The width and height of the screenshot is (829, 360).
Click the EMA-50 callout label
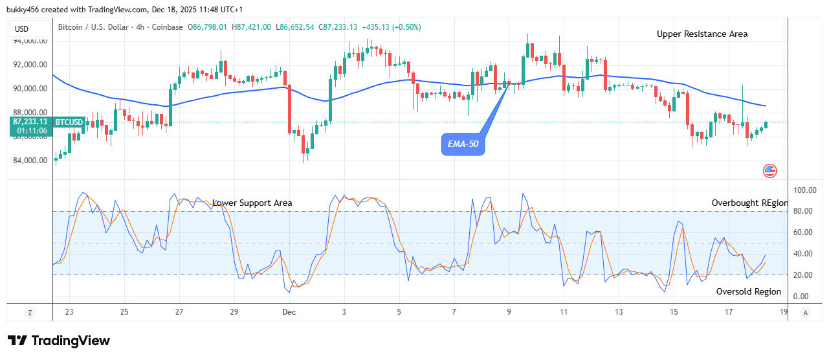pos(464,144)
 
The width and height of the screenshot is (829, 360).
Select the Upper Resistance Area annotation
pos(702,34)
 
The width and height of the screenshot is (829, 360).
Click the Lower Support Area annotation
pos(252,203)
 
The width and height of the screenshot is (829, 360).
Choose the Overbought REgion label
pos(749,203)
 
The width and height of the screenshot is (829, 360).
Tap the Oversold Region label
pos(748,291)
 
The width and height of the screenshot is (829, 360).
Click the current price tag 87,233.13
pos(29,121)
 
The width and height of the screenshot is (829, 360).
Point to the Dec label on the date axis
pos(289,312)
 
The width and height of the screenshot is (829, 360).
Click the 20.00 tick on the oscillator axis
pos(803,275)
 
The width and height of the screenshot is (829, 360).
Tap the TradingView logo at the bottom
pos(59,341)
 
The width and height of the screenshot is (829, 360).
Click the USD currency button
pos(22,28)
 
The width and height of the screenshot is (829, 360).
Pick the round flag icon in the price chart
pos(769,171)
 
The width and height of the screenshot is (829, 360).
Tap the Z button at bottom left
pos(30,312)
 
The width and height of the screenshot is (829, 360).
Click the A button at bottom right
pos(805,312)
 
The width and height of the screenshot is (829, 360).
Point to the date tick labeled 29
pos(234,312)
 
